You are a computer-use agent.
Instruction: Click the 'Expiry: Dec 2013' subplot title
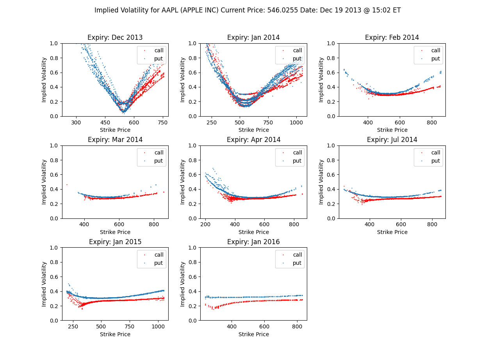115,38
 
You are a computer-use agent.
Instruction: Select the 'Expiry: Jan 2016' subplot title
253,242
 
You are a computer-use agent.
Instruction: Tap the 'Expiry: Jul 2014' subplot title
392,140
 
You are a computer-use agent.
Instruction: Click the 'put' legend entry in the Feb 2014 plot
435,59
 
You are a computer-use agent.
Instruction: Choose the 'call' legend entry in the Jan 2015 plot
159,255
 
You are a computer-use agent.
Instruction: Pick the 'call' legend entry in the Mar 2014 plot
159,153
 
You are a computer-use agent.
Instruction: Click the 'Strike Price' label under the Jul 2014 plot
392,232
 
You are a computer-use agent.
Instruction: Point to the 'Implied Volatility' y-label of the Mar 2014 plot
44,182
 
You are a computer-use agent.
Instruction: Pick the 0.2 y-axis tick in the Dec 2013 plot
54,102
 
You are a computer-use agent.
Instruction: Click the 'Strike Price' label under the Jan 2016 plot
253,334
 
